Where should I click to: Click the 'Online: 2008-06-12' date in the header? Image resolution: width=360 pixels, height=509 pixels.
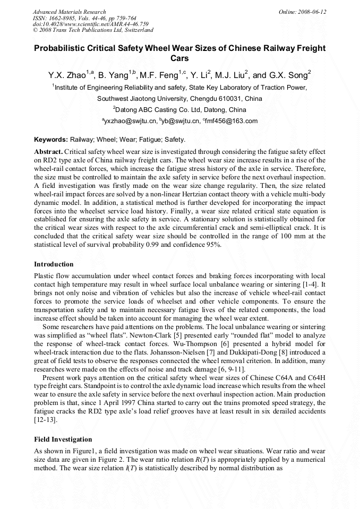[302, 12]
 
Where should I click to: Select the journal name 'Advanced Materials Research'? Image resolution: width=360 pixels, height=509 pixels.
[69, 12]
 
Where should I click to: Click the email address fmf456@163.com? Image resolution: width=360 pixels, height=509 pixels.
[232, 121]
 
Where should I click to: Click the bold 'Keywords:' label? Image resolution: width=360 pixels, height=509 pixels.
[51, 140]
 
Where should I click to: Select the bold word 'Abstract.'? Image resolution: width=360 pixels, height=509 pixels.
[48, 151]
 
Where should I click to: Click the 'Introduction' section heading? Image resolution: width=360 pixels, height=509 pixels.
[54, 264]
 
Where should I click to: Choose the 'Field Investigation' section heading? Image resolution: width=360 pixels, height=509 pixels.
[63, 439]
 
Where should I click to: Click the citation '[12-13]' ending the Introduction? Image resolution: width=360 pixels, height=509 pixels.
[46, 419]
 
